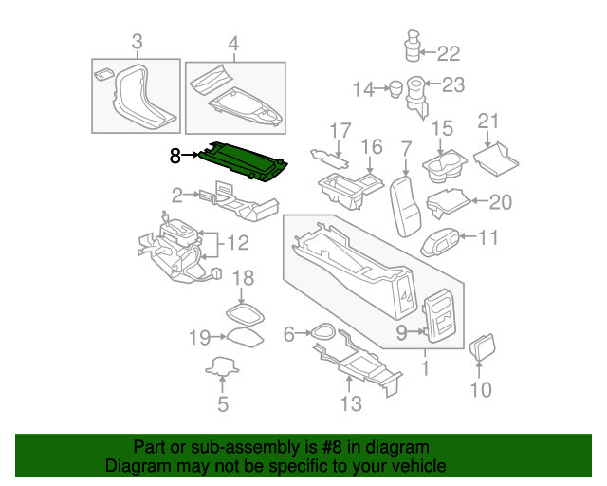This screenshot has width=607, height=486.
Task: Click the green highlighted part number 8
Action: click(243, 161)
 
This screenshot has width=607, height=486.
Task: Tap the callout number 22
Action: click(449, 53)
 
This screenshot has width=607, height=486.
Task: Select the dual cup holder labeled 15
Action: click(445, 166)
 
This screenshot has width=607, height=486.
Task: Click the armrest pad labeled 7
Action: click(405, 206)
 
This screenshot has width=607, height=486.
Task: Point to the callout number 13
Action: click(351, 403)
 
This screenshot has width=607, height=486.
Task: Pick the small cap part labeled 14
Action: click(395, 88)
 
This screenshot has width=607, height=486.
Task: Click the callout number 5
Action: click(223, 404)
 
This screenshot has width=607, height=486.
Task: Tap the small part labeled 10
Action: click(483, 346)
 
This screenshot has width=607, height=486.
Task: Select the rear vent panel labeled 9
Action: click(439, 315)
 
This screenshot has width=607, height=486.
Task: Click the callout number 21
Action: click(488, 121)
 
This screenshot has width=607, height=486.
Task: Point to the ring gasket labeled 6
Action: click(322, 331)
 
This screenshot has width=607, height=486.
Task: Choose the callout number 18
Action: click(243, 278)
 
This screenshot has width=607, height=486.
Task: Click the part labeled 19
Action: click(245, 337)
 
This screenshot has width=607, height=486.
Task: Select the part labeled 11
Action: click(440, 242)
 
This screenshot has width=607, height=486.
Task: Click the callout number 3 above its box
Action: click(137, 42)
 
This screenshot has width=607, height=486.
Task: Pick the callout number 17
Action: click(340, 131)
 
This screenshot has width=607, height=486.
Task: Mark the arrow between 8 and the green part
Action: click(190, 155)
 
